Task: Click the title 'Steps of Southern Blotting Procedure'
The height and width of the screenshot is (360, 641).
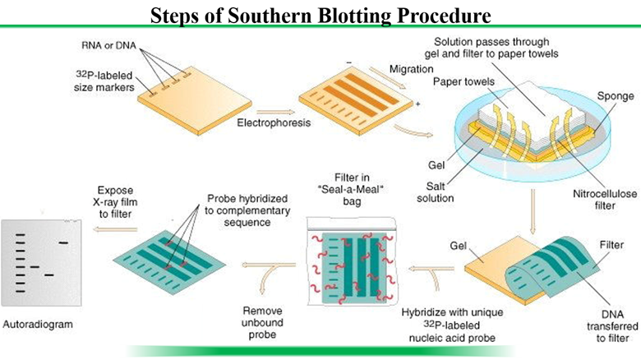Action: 320,14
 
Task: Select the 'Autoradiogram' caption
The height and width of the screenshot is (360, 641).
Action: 37,324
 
